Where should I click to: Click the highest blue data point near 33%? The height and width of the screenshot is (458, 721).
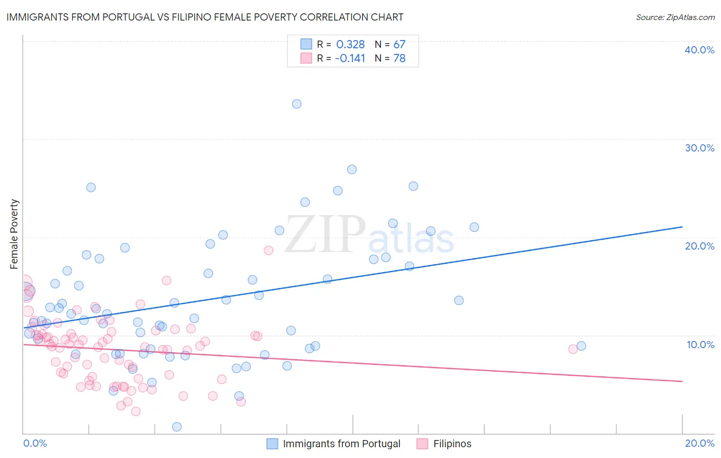(x=296, y=104)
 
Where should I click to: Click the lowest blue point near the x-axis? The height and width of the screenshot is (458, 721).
(x=177, y=427)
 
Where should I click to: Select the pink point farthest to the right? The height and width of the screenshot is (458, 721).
(x=573, y=349)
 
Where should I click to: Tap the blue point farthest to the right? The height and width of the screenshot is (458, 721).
(x=581, y=346)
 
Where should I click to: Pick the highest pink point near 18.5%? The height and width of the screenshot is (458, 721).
(x=268, y=250)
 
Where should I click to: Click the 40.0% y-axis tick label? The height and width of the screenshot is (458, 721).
(x=699, y=50)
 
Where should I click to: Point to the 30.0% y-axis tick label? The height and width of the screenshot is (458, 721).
(x=699, y=148)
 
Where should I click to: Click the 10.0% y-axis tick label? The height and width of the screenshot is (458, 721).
(x=700, y=345)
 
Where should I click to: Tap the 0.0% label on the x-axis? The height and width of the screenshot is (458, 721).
(x=35, y=443)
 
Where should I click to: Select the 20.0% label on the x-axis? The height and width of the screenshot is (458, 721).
(x=699, y=443)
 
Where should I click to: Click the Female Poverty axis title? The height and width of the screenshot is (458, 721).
(x=14, y=234)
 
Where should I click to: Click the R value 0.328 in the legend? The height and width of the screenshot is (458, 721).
(x=350, y=44)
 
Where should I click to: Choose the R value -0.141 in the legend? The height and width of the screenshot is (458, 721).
(x=350, y=58)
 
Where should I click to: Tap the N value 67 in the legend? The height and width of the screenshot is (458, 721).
(x=399, y=44)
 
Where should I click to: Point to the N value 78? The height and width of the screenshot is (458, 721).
(x=399, y=58)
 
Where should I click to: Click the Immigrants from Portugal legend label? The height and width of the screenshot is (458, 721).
(x=342, y=444)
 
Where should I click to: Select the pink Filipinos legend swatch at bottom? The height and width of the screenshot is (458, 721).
(x=422, y=444)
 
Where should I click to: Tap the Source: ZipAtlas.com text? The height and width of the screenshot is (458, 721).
(x=675, y=17)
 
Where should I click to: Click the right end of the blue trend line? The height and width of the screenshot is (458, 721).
(x=682, y=226)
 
